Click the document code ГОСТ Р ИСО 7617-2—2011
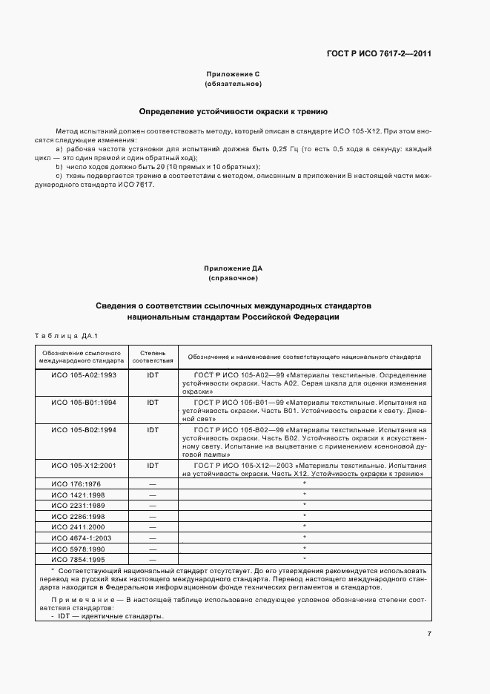[x=379, y=53]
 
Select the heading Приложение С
[x=232, y=75]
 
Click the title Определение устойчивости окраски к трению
[x=233, y=111]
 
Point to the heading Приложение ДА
[x=232, y=268]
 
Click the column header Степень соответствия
[x=153, y=356]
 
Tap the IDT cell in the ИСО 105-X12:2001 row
[x=153, y=466]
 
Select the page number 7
[x=428, y=633]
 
